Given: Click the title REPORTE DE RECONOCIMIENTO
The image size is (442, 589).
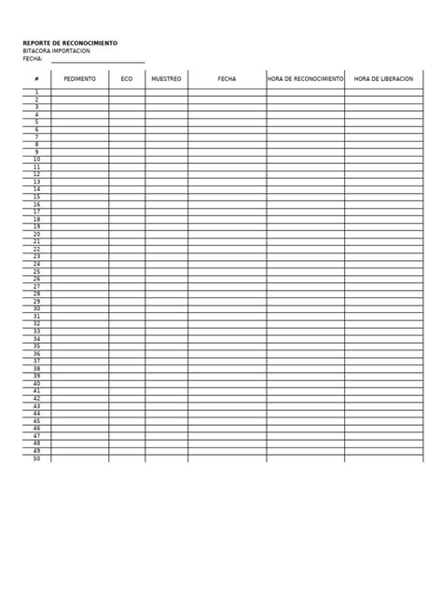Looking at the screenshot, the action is [70, 43].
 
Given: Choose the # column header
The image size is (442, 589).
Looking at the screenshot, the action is [36, 79].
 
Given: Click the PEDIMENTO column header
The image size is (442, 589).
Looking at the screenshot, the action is [79, 79].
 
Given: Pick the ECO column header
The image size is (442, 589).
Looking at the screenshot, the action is [127, 79].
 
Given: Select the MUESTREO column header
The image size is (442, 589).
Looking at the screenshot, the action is [166, 79].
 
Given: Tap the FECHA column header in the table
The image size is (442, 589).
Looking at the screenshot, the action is [227, 79].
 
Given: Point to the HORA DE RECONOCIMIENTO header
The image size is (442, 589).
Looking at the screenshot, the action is [305, 79].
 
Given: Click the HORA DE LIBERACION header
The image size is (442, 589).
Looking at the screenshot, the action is [383, 79].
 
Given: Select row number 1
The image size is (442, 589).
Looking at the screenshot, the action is [36, 92].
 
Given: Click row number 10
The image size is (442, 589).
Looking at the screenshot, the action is [36, 159].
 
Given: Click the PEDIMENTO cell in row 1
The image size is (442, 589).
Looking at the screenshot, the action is [79, 92].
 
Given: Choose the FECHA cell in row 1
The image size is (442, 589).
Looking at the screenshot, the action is [227, 92].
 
